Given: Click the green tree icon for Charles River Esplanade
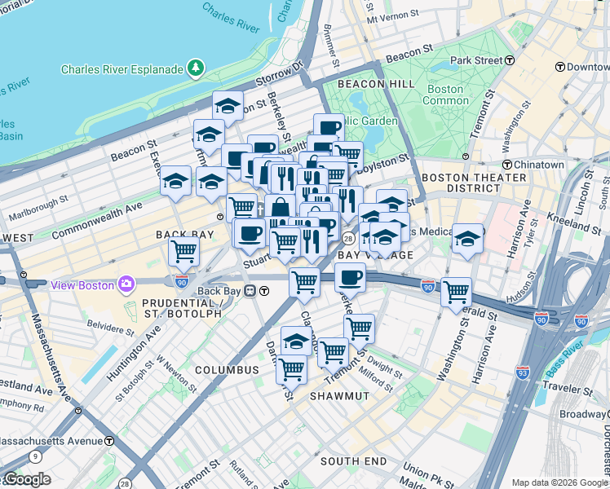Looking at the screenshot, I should tap(196, 69).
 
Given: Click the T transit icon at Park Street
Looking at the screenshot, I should tap(510, 60).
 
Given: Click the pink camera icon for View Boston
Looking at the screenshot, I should tap(127, 284).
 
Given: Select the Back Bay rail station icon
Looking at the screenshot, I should tap(263, 291).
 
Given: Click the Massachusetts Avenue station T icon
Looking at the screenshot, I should tap(109, 441).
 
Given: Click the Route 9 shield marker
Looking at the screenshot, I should tap(35, 457).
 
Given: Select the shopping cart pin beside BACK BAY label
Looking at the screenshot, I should tap(184, 251).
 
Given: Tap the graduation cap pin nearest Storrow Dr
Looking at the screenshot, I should tap(228, 106).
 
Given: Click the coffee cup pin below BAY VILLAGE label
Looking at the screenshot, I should tap(350, 278).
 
